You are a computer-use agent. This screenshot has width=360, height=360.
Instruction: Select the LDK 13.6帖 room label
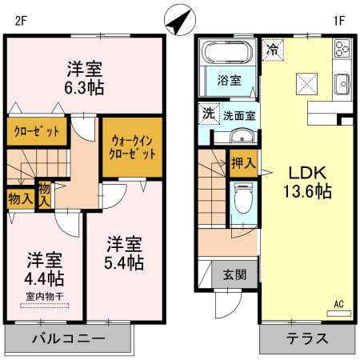tap(305, 182)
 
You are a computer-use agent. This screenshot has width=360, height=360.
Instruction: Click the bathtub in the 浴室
tap(228, 54)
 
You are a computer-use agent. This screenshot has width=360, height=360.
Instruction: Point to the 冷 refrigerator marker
tap(272, 50)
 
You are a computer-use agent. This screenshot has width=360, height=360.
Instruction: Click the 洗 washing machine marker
tap(207, 114)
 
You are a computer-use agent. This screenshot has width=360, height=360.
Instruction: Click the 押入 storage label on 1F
tap(242, 163)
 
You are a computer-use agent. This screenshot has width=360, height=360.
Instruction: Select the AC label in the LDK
tap(339, 302)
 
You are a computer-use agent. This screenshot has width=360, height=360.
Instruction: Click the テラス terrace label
tap(306, 338)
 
